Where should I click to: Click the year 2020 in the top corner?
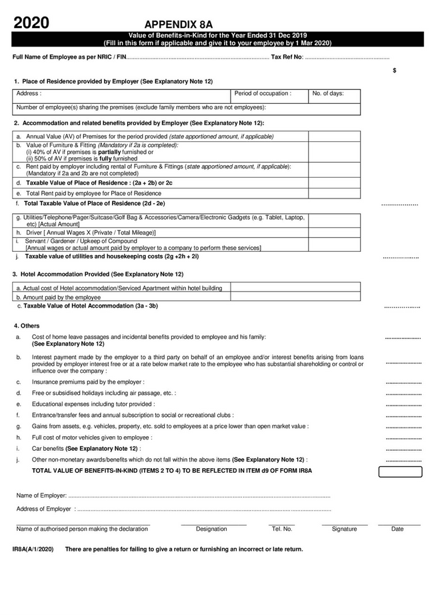(x=31, y=23)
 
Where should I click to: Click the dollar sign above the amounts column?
(x=395, y=70)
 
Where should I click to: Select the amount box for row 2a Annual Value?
(x=334, y=137)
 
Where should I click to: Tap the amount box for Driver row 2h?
(x=334, y=232)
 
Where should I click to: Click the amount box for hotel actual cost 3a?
(x=295, y=288)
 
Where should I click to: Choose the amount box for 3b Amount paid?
(x=295, y=297)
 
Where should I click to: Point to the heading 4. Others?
(x=27, y=326)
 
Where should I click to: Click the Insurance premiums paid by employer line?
(x=88, y=382)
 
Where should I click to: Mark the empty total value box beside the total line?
(x=400, y=471)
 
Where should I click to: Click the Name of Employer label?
(x=41, y=496)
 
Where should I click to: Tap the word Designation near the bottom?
(x=211, y=529)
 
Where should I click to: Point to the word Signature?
(x=344, y=529)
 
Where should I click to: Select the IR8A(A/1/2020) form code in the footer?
(x=33, y=549)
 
